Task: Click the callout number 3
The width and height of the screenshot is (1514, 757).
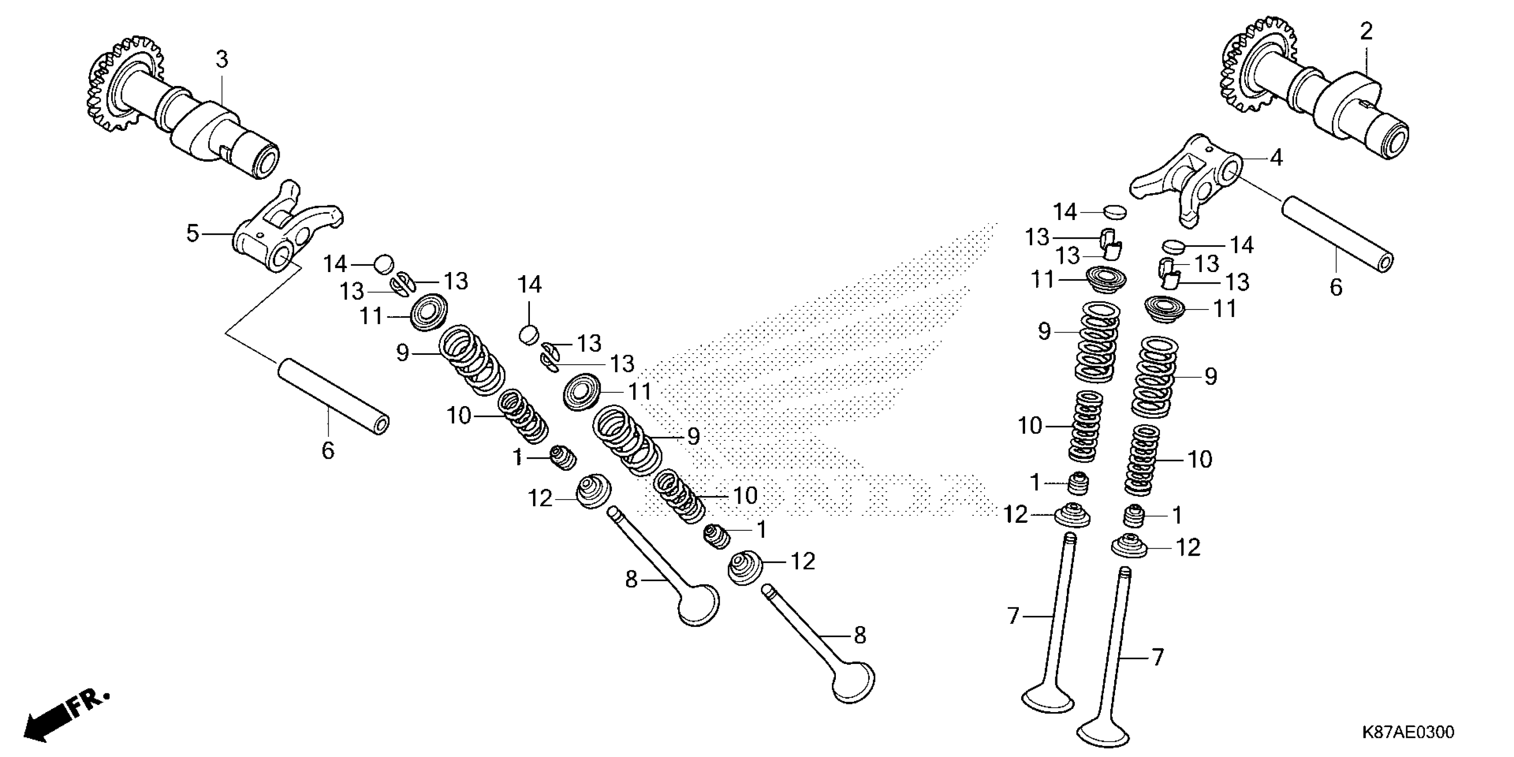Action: pyautogui.click(x=222, y=59)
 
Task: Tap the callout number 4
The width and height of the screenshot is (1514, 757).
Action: pyautogui.click(x=1275, y=158)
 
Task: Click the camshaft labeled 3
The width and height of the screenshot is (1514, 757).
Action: pyautogui.click(x=217, y=129)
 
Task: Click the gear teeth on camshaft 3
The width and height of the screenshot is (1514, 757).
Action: pyautogui.click(x=112, y=88)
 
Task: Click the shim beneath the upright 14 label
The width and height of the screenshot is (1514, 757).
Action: pyautogui.click(x=529, y=334)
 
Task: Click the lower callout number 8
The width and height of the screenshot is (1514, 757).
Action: pyautogui.click(x=859, y=635)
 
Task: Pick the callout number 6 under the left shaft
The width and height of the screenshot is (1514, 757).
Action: pyautogui.click(x=327, y=450)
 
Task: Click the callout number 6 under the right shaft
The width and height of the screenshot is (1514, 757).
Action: pyautogui.click(x=1336, y=287)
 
